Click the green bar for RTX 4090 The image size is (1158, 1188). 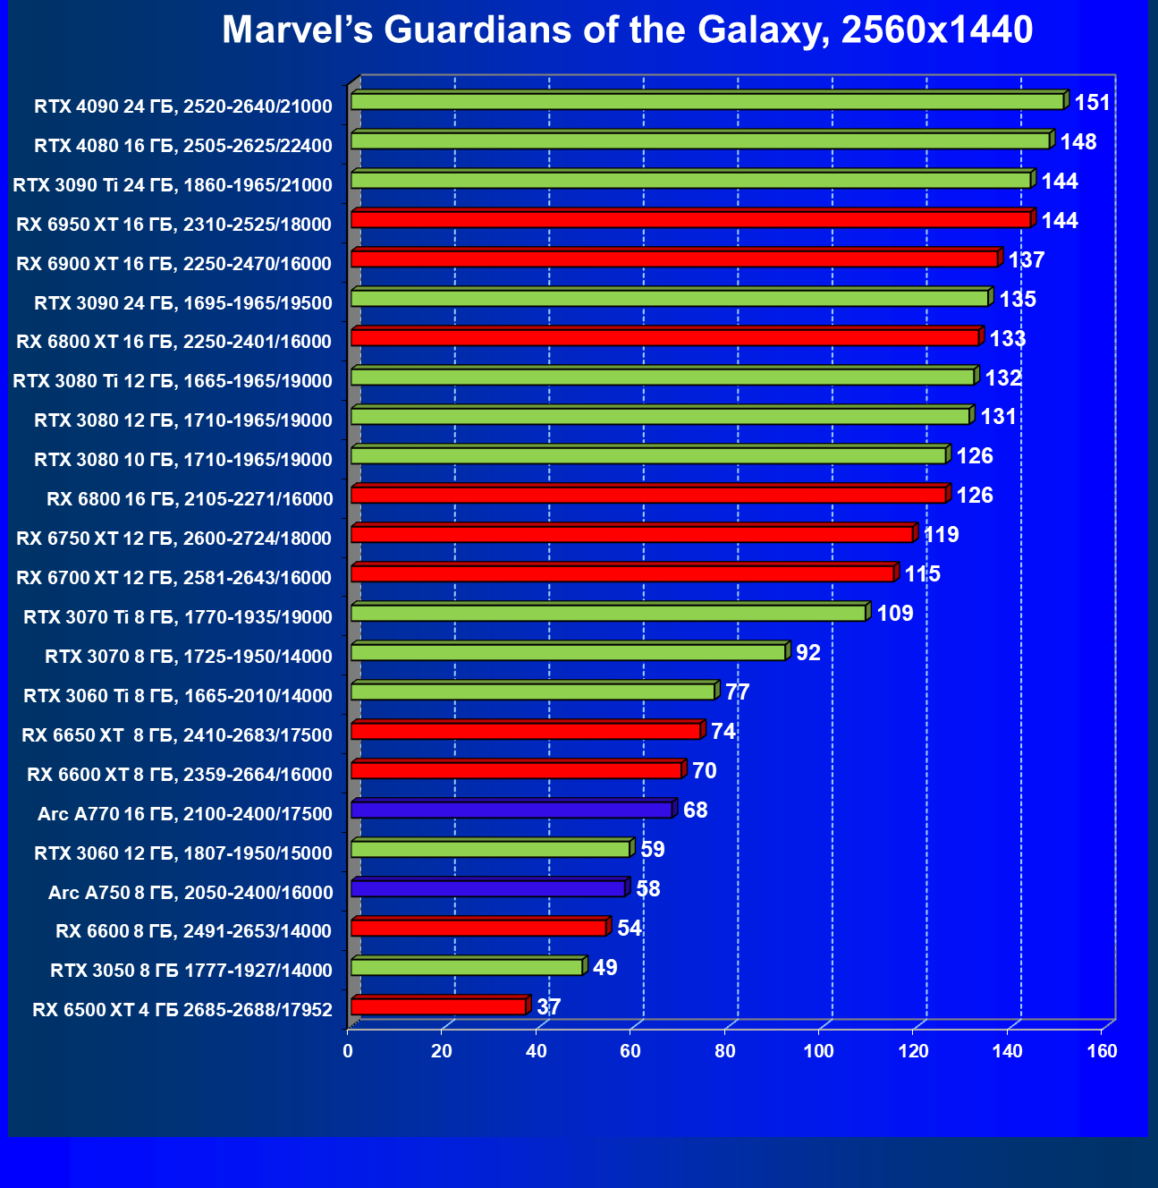pyautogui.click(x=707, y=101)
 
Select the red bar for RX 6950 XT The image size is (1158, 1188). pyautogui.click(x=690, y=219)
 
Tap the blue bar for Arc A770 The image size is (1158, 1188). pyautogui.click(x=511, y=810)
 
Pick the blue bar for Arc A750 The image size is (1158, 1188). pyautogui.click(x=488, y=888)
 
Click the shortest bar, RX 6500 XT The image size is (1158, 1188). pyautogui.click(x=439, y=1006)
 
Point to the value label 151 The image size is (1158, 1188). pyautogui.click(x=1092, y=103)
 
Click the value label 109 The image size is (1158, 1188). pyautogui.click(x=894, y=613)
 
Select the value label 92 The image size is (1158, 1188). pyautogui.click(x=807, y=652)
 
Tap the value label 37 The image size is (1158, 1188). pyautogui.click(x=548, y=1006)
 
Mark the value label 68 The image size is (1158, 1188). pyautogui.click(x=695, y=810)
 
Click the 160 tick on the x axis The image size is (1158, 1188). pyautogui.click(x=1102, y=1051)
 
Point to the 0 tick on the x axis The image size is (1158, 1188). pyautogui.click(x=348, y=1051)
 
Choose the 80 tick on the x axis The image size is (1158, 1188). pyautogui.click(x=725, y=1051)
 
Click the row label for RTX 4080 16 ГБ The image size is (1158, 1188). pyautogui.click(x=183, y=146)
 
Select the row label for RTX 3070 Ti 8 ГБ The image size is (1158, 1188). pyautogui.click(x=178, y=617)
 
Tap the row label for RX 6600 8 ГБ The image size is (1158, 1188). pyautogui.click(x=194, y=931)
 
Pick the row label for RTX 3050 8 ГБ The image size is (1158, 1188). pyautogui.click(x=191, y=971)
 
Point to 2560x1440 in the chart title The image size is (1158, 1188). pyautogui.click(x=937, y=30)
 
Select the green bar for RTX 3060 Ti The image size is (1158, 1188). pyautogui.click(x=533, y=692)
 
